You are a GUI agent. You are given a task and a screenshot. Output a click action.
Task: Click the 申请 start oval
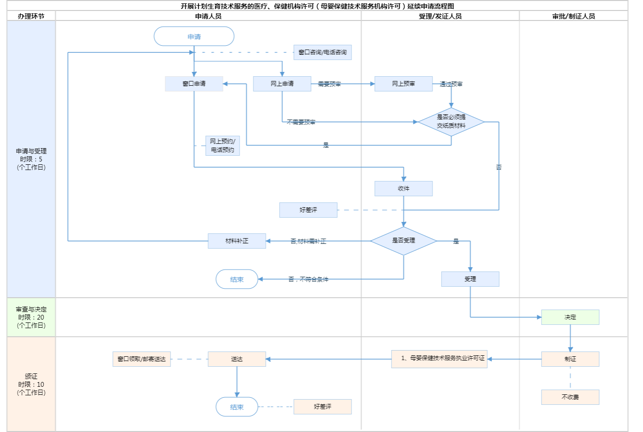coord(194,37)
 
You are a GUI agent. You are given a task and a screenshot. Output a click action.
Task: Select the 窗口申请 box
coord(194,84)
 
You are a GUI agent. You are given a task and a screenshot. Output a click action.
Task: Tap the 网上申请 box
coord(282,84)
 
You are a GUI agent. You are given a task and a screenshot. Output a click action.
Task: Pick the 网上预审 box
coord(403,84)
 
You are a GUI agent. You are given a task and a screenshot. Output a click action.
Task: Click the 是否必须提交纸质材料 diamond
coord(451,121)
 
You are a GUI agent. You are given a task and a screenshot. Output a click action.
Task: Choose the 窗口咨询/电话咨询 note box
coord(322,52)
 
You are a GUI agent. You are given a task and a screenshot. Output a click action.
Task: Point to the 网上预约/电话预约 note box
coord(222,145)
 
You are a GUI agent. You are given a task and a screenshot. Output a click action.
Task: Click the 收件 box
coord(403,189)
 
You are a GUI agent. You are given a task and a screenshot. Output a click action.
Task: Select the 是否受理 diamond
coord(403,241)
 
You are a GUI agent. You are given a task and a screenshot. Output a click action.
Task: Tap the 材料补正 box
coord(237,241)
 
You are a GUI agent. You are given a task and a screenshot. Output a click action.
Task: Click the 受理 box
coord(470,279)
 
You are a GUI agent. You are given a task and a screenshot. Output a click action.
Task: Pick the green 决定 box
coord(570,317)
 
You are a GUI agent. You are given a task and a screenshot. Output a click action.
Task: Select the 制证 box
coord(570,359)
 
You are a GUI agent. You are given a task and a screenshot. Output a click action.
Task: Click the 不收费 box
coord(570,397)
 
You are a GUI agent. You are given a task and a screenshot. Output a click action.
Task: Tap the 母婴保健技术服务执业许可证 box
coord(439,359)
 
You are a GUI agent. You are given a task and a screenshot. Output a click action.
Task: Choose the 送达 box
coord(237,359)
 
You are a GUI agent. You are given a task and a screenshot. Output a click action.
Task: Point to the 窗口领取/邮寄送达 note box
coord(141,359)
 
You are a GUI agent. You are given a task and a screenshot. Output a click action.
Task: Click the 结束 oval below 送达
coord(237,407)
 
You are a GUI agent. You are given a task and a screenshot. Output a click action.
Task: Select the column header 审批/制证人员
coord(573,16)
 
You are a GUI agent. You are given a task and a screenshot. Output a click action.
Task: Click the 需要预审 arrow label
coord(329,84)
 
